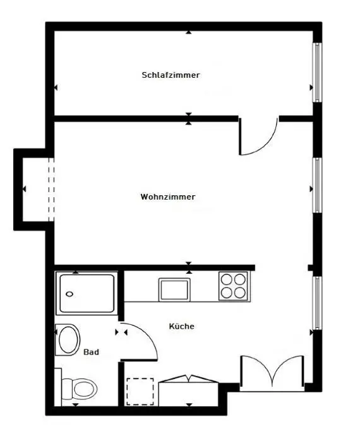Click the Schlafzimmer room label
point(171,75)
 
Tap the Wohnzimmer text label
point(168,197)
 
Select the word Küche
point(181,326)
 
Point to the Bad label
point(90,353)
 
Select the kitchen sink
point(175,289)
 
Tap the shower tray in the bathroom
point(87,293)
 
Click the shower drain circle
point(69,293)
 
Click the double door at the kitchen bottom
point(272,373)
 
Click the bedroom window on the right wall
point(318,73)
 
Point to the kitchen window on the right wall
point(318,302)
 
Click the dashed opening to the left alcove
point(51,189)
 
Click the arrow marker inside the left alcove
point(24,189)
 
